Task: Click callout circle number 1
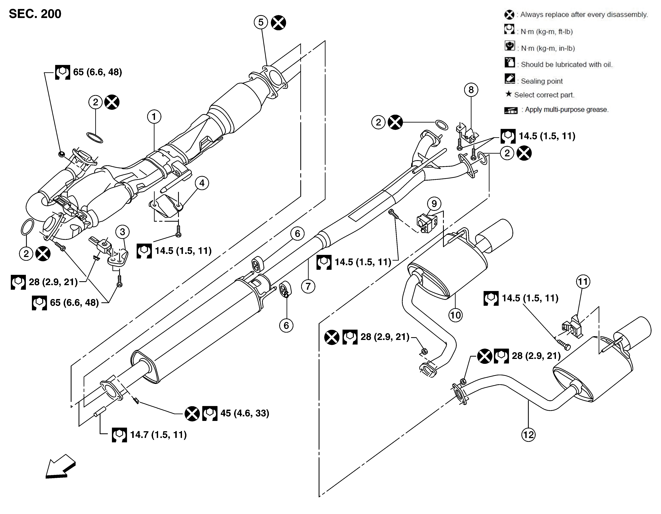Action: [154, 116]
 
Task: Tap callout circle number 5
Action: [261, 22]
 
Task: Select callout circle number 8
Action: [471, 90]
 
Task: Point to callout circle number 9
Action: [434, 204]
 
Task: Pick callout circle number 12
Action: [528, 435]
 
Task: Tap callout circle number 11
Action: [583, 282]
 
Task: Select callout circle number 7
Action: [308, 286]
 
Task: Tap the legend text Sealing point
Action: [542, 81]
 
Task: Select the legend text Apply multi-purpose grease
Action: [566, 109]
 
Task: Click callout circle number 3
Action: [122, 232]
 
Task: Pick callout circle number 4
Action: [202, 183]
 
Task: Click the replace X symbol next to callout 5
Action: [278, 23]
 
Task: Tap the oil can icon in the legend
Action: [510, 63]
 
